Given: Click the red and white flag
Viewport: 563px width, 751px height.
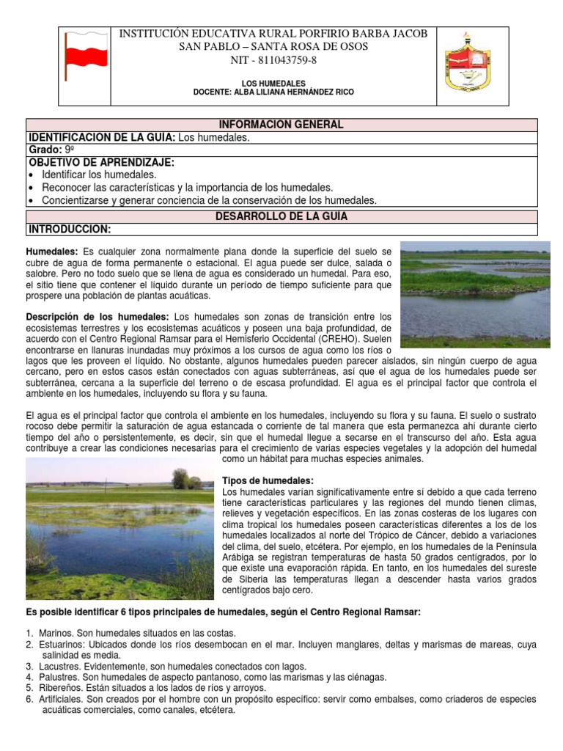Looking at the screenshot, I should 86,56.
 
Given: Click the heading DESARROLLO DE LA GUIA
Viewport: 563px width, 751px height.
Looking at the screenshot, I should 281,216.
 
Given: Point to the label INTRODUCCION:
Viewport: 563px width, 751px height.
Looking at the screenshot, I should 69,229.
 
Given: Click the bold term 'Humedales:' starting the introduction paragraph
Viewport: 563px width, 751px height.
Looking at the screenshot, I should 52,252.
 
